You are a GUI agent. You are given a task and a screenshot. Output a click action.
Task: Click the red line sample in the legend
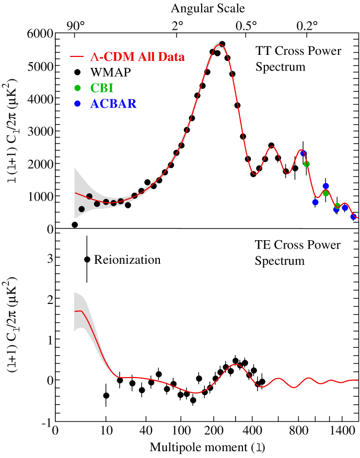(x=77, y=56)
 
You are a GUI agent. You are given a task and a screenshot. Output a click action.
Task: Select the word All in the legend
(x=146, y=57)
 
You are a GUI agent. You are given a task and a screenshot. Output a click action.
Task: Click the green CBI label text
(x=101, y=88)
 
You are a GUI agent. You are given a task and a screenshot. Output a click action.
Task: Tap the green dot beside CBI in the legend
(x=77, y=88)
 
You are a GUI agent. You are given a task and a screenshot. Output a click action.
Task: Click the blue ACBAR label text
(x=113, y=104)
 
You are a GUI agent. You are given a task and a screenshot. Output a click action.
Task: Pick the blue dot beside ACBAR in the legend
(x=77, y=103)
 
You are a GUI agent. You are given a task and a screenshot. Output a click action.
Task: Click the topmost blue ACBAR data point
(x=303, y=153)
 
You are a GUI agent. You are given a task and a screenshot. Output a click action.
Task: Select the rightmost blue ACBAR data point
(x=353, y=217)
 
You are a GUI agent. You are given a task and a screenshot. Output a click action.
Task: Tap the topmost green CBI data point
(x=307, y=164)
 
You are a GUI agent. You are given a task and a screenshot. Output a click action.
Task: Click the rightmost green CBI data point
(x=338, y=206)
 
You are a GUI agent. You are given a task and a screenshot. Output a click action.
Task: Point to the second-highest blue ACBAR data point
(x=326, y=185)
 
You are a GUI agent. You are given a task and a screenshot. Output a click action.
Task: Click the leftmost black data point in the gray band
(x=82, y=209)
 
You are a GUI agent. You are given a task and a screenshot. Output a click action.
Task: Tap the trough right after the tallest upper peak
(x=255, y=174)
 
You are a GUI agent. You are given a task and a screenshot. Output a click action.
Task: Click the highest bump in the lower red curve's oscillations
(x=236, y=364)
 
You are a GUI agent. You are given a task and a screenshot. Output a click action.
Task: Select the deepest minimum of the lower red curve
(x=196, y=393)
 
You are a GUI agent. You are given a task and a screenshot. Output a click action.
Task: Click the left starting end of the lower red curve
(x=75, y=311)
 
